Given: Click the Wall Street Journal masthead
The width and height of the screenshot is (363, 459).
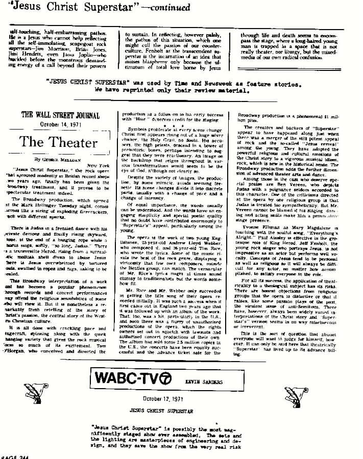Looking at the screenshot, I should [60, 115].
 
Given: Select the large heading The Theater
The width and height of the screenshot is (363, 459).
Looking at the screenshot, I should [60, 142].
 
